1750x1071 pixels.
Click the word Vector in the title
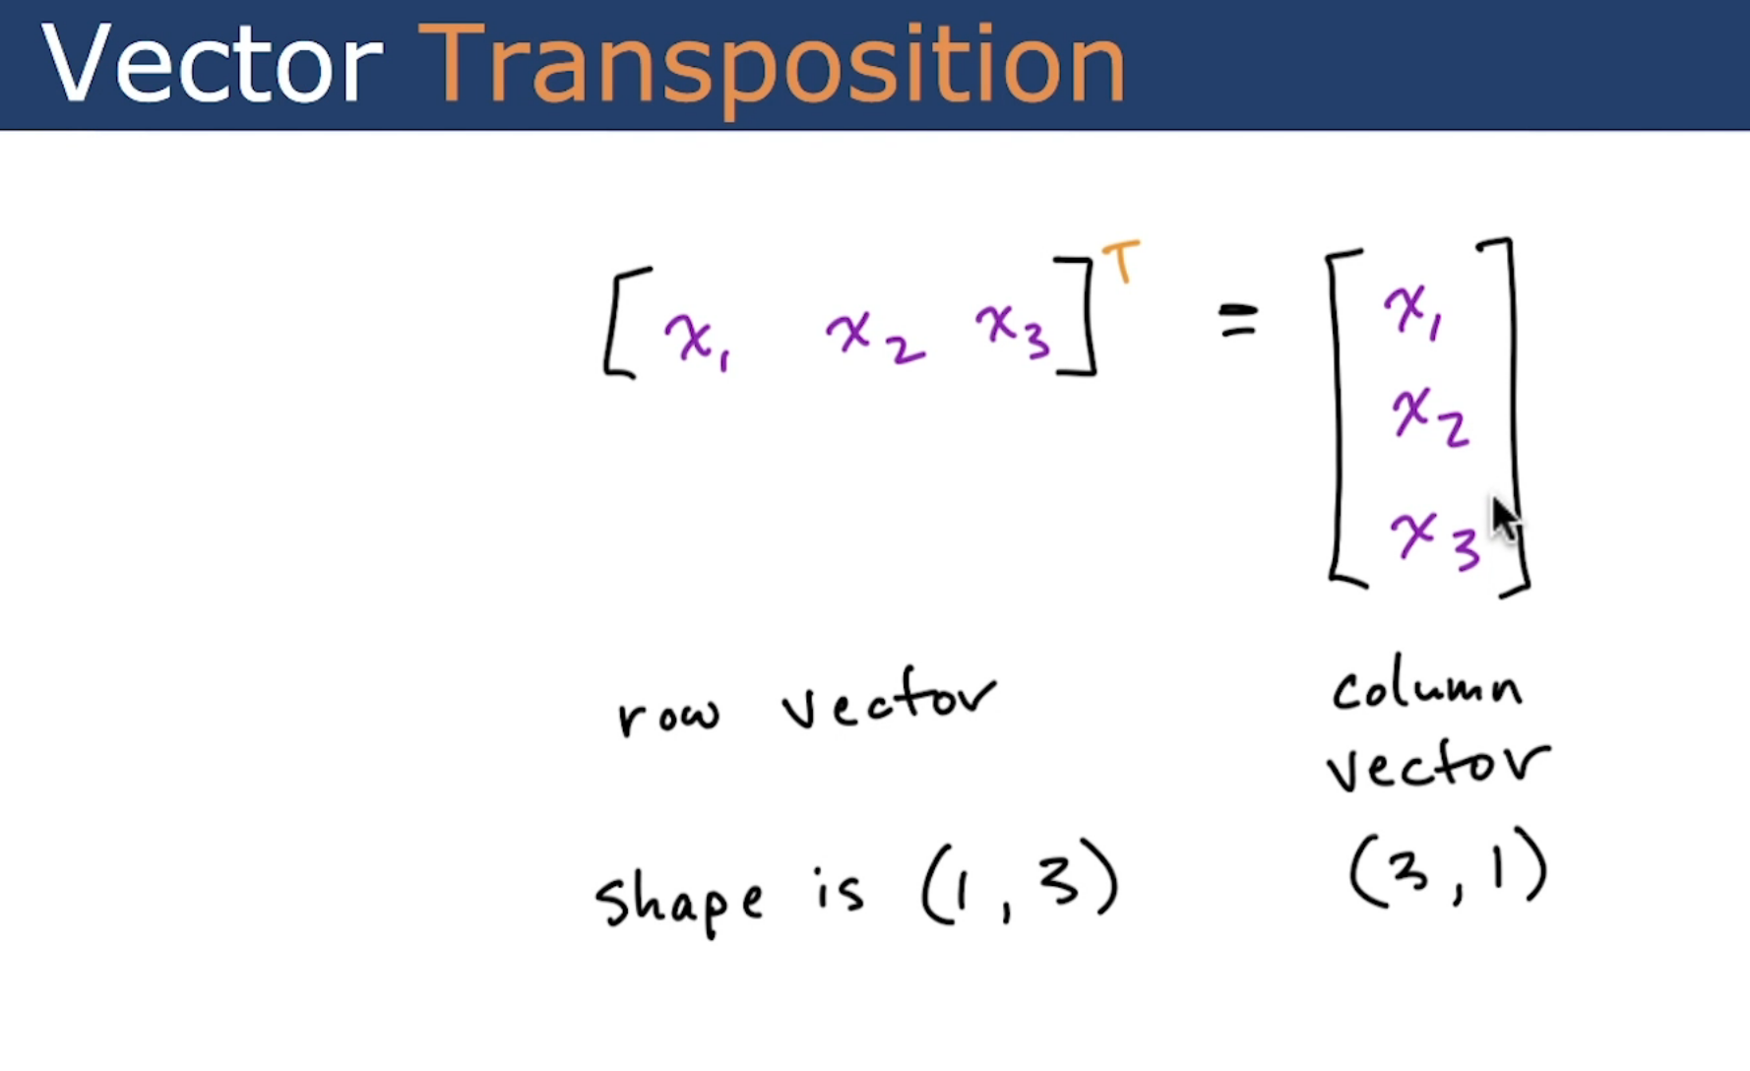[x=212, y=64]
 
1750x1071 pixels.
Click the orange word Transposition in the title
[x=772, y=64]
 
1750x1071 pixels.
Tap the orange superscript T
[x=1121, y=261]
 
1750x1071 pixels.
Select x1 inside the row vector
[x=696, y=341]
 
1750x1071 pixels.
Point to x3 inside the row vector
[x=1013, y=331]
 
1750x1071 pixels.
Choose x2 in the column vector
[x=1429, y=418]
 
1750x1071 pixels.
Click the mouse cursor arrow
[x=1505, y=518]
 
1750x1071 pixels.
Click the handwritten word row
[x=668, y=716]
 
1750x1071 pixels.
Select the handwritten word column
[x=1426, y=688]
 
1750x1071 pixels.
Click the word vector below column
[x=1436, y=765]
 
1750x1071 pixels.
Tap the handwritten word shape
[x=679, y=899]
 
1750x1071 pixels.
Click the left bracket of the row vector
[x=620, y=322]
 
